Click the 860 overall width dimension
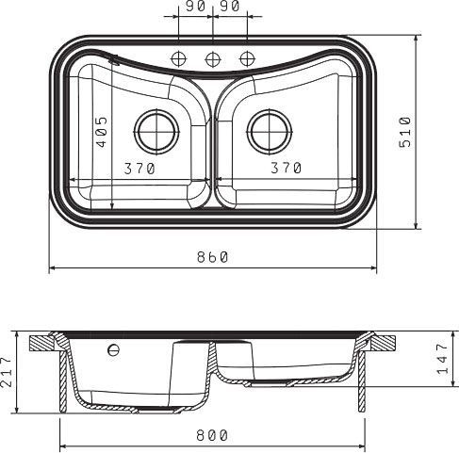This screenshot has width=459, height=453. (x=212, y=257)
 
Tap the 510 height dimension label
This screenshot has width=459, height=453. (x=404, y=132)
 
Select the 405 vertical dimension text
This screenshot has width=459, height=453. (x=101, y=132)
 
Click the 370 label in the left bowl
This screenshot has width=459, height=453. (x=139, y=169)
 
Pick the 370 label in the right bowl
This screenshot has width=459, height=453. (x=287, y=168)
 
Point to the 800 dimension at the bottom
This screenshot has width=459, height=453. (x=212, y=435)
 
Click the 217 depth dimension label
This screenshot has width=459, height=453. (x=7, y=371)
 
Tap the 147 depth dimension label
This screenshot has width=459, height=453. (x=442, y=359)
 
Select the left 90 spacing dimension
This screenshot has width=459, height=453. (x=195, y=6)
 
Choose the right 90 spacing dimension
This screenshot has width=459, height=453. (x=230, y=6)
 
